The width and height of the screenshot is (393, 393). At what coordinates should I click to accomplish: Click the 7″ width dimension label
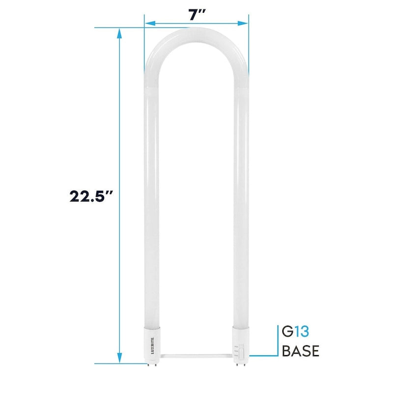tap(197, 15)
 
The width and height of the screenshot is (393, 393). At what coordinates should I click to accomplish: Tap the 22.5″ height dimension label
tap(92, 196)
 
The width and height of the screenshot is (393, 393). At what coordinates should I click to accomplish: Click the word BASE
tap(301, 351)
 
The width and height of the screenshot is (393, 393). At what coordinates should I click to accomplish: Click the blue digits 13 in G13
tap(305, 332)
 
